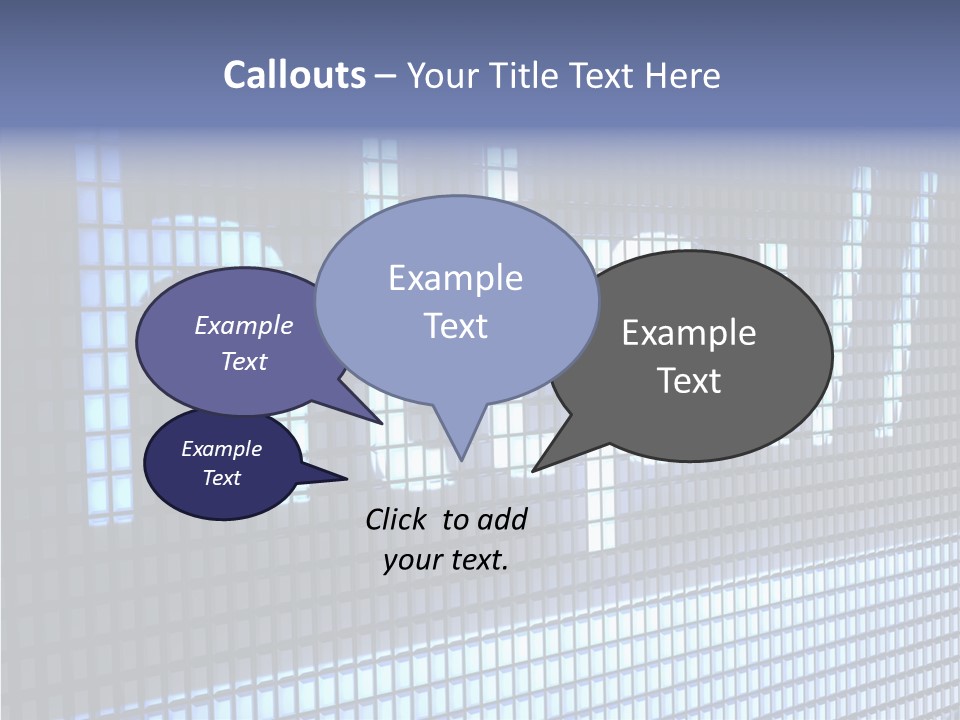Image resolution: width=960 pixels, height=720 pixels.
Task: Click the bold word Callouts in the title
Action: (x=294, y=75)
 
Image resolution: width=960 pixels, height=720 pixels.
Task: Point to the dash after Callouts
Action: (x=387, y=76)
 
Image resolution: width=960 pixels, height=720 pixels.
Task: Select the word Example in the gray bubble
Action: (x=689, y=333)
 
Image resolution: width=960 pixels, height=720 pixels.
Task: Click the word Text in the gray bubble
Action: (x=689, y=381)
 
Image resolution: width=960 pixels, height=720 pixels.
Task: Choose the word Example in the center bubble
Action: (x=455, y=278)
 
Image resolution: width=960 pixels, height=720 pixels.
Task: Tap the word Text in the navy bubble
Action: (x=222, y=478)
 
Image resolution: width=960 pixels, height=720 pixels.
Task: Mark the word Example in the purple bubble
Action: (x=244, y=325)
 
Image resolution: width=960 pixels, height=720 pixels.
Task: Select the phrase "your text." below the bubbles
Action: (x=446, y=560)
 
